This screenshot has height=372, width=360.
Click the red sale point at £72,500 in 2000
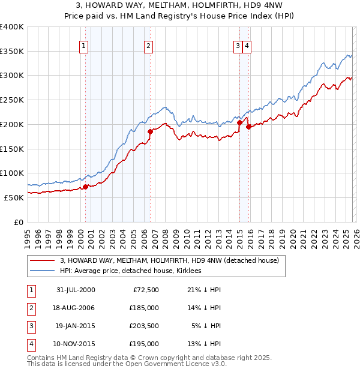(x=86, y=187)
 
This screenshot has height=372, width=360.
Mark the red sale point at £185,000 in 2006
(x=150, y=131)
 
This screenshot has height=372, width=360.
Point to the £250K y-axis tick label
(x=12, y=100)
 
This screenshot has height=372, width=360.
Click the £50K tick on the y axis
(x=14, y=197)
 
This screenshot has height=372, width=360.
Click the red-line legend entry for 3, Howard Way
(x=169, y=261)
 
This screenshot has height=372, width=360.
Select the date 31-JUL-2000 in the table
(x=76, y=290)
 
